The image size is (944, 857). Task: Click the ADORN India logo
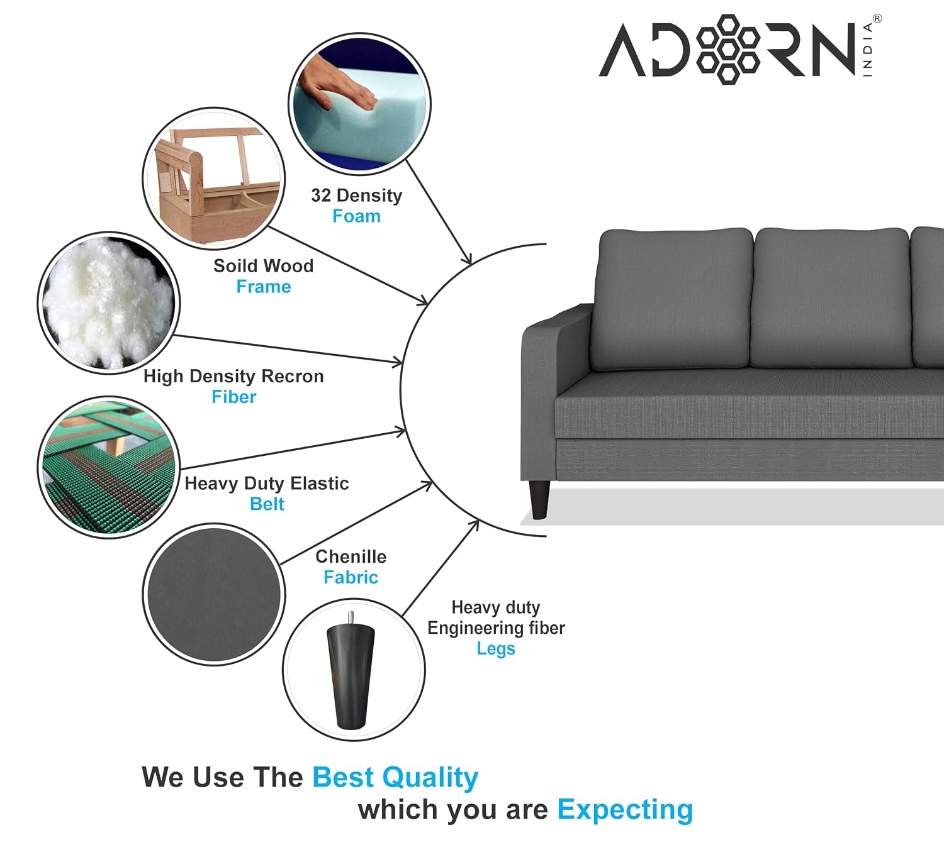[739, 50]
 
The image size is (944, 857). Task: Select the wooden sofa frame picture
[213, 179]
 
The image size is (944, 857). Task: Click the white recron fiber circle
[109, 302]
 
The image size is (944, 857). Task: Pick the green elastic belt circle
[109, 467]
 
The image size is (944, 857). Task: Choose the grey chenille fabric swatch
[214, 594]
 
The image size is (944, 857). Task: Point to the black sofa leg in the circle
[351, 670]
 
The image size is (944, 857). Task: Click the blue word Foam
[356, 216]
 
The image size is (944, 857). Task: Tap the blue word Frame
[264, 287]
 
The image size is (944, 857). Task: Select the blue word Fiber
[233, 397]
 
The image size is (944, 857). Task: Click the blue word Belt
[267, 504]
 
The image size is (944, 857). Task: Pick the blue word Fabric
[351, 577]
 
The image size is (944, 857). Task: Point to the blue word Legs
[496, 649]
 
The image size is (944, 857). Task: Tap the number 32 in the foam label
[321, 195]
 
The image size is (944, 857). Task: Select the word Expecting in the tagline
[625, 811]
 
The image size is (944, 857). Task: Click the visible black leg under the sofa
[539, 500]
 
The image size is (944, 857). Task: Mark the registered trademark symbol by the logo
[877, 18]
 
